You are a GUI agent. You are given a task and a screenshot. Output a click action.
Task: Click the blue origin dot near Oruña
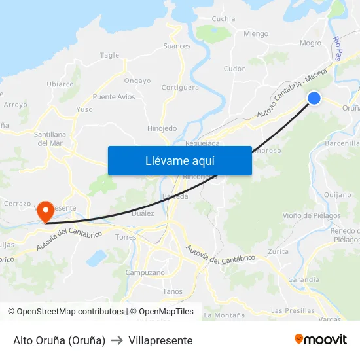314,98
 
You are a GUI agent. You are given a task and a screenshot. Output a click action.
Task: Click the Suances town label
177,46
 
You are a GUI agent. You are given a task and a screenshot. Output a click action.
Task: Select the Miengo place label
256,34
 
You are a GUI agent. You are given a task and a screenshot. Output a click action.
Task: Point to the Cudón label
235,69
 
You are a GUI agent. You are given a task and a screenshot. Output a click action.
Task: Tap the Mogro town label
310,43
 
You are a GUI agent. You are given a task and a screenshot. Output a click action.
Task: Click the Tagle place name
109,56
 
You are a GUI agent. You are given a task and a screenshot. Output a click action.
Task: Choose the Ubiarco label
60,84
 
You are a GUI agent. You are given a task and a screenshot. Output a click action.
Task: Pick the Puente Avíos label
114,97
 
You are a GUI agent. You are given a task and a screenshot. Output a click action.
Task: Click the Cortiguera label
180,87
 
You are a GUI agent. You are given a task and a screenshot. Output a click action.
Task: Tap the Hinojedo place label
162,128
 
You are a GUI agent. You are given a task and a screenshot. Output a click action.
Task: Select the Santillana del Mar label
50,138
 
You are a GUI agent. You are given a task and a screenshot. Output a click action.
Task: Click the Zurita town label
278,251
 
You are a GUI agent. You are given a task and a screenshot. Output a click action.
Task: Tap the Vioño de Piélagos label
312,215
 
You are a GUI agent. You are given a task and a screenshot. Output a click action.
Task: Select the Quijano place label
338,194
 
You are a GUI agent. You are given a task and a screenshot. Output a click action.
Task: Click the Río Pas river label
338,48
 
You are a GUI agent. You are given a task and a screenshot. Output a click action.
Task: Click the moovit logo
320,340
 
